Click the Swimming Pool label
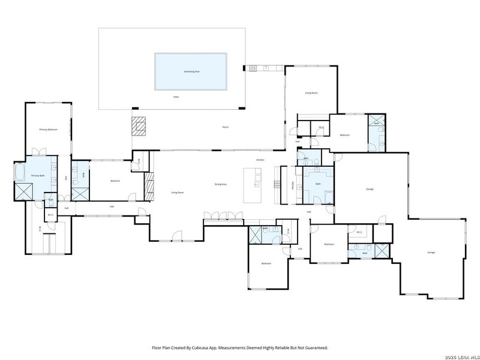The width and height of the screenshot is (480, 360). coord(191,71)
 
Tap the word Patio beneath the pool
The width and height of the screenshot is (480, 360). coord(176,97)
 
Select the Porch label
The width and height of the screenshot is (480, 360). coord(226,127)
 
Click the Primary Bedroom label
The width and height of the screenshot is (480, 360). coord(48,130)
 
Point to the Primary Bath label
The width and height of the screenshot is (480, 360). coord(38,176)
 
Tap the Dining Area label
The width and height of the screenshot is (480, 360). coord(220,184)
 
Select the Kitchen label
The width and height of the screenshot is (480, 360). coord(260,160)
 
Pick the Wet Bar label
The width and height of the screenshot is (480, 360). coord(292,185)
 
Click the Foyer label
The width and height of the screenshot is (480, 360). coord(299,248)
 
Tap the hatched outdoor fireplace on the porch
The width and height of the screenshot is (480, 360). coord(139,127)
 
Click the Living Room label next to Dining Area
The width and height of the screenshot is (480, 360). coord(178,193)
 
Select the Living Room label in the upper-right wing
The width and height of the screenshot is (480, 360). coord(311,93)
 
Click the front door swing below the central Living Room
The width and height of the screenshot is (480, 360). coord(176,235)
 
